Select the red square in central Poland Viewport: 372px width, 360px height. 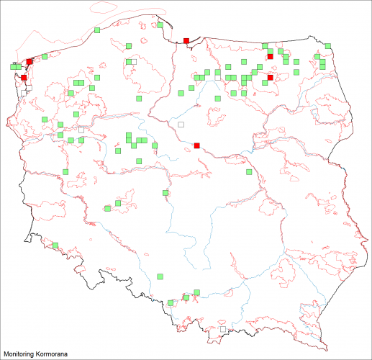point(196,145)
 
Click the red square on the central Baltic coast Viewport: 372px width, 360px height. point(186,40)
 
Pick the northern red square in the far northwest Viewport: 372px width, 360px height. point(30,62)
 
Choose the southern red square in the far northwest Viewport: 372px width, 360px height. point(24,77)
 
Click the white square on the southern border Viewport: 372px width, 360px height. point(222,330)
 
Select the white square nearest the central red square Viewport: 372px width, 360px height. point(181,124)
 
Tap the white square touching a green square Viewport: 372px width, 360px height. point(133,62)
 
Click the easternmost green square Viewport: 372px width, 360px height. point(327,46)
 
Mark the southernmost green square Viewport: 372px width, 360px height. point(171,303)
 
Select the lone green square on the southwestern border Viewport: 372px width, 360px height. point(55,247)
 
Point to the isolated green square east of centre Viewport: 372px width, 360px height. point(249,172)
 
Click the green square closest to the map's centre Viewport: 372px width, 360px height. point(165,192)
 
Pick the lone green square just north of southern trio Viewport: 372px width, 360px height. point(160,275)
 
